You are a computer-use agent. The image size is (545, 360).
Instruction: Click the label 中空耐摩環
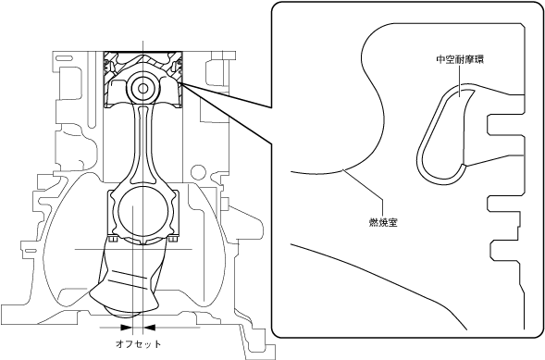click(x=460, y=59)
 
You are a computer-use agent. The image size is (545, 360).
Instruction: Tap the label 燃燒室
click(x=383, y=222)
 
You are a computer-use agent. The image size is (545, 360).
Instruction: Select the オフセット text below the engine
click(x=139, y=344)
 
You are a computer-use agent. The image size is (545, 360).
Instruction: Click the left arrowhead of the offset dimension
click(x=126, y=328)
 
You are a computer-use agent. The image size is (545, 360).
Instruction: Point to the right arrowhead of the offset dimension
click(x=150, y=328)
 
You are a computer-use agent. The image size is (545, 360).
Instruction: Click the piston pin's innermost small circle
click(x=142, y=88)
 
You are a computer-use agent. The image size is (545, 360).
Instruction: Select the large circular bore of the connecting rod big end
click(x=142, y=212)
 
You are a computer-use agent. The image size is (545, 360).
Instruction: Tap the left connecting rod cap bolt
click(x=112, y=240)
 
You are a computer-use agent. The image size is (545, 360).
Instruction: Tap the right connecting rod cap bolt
click(x=173, y=240)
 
